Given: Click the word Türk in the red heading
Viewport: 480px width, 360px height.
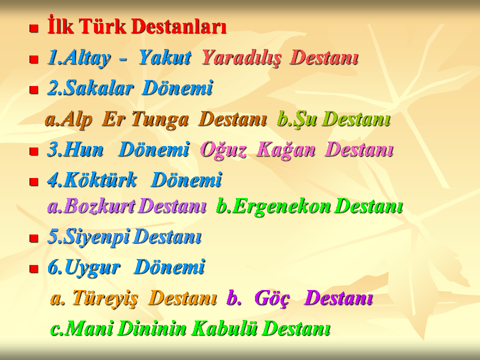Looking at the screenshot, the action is (102, 25).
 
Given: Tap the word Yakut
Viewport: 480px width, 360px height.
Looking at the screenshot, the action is (165, 57).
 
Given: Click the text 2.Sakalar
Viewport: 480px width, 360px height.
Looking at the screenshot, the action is (90, 88).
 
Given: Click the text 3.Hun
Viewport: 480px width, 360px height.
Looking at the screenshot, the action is (75, 149).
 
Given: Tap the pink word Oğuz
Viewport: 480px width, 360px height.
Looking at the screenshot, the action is (223, 150).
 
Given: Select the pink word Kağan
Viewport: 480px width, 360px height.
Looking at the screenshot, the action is (286, 150).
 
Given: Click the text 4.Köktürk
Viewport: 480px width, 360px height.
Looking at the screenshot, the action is (92, 179).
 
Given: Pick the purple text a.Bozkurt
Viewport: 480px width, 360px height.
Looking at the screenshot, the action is (91, 205).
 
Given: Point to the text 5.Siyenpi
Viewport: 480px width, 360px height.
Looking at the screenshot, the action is (88, 237).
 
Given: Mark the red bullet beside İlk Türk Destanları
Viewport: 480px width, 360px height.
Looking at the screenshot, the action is (33, 28).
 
